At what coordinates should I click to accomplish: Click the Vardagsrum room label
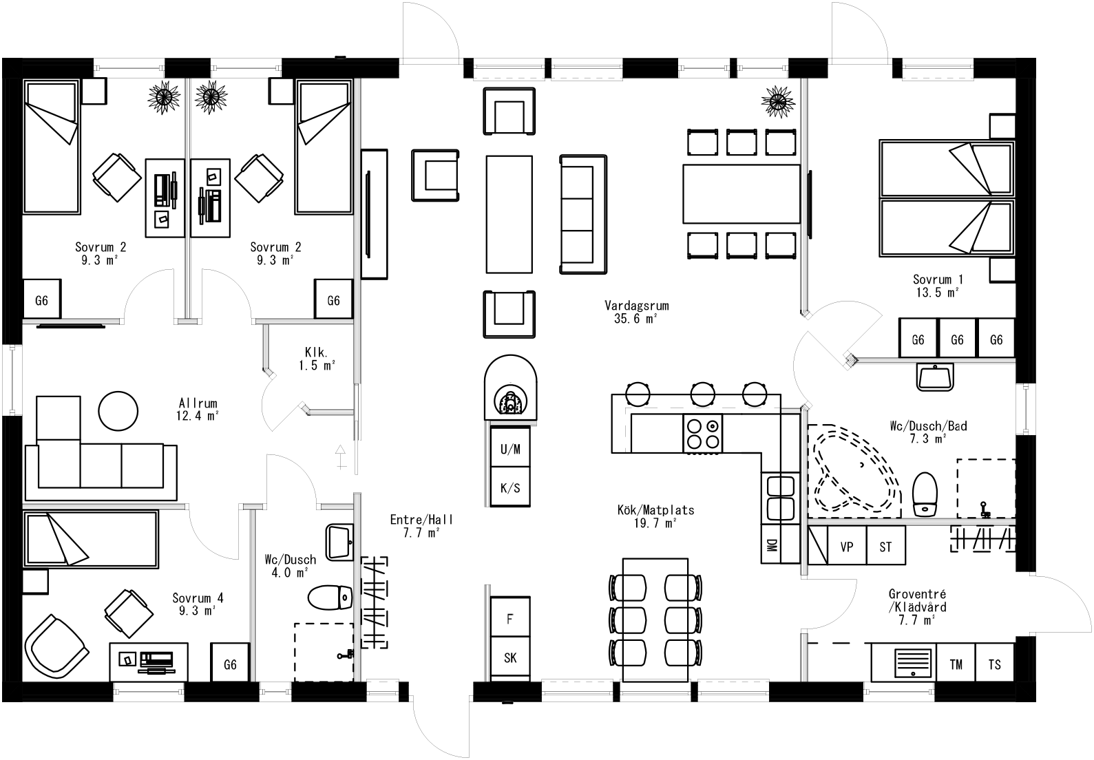click(636, 306)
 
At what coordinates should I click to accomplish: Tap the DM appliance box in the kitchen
click(771, 545)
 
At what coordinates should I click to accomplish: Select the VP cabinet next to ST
click(846, 547)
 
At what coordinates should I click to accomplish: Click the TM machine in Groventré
click(956, 664)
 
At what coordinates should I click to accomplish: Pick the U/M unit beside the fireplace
click(510, 450)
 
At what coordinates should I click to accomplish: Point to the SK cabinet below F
click(510, 658)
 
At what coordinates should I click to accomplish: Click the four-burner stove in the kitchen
click(702, 433)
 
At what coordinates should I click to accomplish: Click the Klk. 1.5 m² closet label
click(315, 358)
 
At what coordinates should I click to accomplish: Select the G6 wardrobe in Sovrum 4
click(230, 664)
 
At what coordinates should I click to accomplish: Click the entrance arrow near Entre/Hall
click(339, 456)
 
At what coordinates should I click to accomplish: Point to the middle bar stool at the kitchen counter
click(702, 394)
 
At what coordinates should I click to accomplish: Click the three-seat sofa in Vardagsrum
click(585, 215)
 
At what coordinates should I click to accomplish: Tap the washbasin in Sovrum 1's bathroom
click(935, 377)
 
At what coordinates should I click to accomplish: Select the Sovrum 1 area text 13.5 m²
click(938, 293)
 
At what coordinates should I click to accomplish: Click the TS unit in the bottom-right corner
click(994, 664)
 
